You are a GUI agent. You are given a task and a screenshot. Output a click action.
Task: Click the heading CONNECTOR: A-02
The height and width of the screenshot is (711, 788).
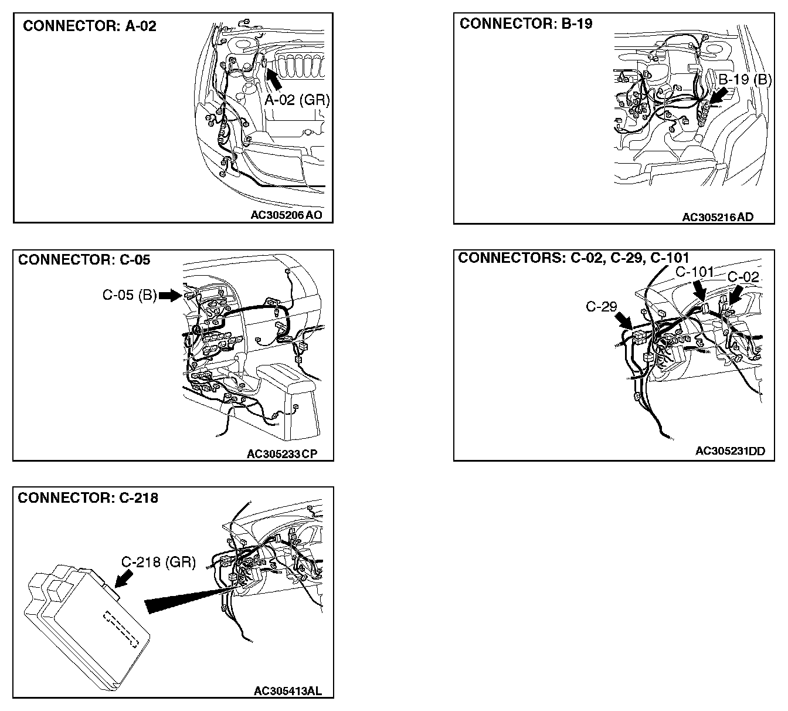89,26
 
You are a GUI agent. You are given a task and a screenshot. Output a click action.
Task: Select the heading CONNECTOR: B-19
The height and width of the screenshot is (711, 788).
526,24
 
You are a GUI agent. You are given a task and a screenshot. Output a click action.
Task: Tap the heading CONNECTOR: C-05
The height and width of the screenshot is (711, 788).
84,260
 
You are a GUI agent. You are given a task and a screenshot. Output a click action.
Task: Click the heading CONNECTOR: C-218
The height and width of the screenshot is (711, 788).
88,498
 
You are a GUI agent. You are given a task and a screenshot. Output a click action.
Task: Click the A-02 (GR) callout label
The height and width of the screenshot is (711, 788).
297,100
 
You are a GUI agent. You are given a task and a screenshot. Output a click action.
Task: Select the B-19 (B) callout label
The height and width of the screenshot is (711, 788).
745,79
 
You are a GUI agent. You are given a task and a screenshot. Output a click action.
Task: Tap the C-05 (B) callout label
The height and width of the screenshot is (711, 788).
130,295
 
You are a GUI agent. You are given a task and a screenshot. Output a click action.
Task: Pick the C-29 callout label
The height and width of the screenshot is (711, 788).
602,306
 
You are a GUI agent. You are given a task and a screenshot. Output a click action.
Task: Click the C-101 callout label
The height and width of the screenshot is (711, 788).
694,272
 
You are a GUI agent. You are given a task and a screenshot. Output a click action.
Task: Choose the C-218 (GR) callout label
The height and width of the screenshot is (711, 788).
158,562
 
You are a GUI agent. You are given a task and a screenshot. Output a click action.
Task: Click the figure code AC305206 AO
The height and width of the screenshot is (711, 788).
287,215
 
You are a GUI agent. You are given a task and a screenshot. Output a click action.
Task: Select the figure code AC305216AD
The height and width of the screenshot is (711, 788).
718,217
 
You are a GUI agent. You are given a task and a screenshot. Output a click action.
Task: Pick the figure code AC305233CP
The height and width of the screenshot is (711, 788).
282,453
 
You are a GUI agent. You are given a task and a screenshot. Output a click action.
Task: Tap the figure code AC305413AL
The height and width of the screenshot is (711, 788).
287,690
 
